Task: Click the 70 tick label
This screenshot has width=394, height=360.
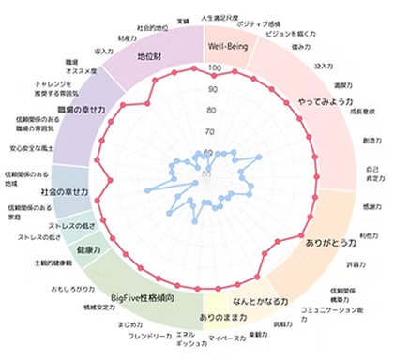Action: (213, 131)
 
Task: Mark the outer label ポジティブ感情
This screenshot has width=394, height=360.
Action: (260, 22)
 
